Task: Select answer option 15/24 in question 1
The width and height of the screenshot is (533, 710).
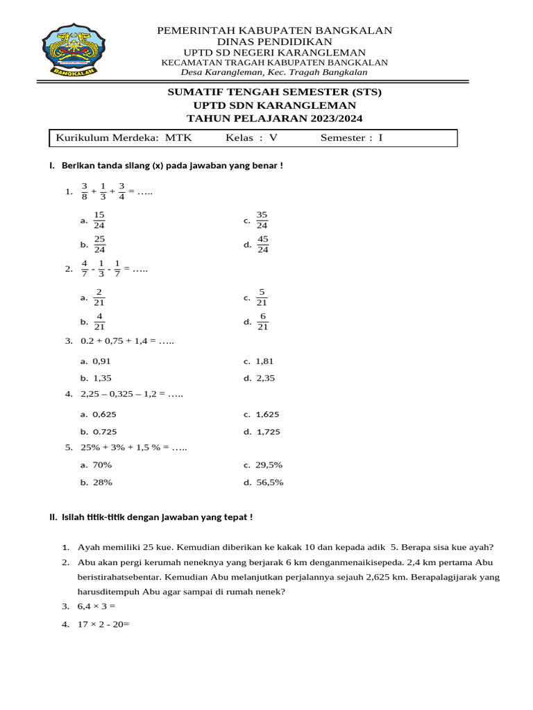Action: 99,220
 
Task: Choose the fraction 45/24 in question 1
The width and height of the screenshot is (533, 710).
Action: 262,244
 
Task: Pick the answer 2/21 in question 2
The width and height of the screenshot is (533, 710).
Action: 99,297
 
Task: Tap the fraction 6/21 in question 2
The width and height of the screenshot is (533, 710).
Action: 262,322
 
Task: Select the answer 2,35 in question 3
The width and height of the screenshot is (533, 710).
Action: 265,378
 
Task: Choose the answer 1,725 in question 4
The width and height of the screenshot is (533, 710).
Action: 268,431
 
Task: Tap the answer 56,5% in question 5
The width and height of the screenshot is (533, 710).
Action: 269,483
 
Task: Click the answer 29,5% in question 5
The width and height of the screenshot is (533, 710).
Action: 269,465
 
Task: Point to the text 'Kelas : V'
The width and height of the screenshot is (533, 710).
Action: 251,138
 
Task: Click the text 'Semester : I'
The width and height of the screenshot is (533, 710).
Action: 351,138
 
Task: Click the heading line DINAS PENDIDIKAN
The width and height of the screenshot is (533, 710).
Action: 275,42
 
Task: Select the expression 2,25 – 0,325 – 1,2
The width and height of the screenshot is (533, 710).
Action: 119,394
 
